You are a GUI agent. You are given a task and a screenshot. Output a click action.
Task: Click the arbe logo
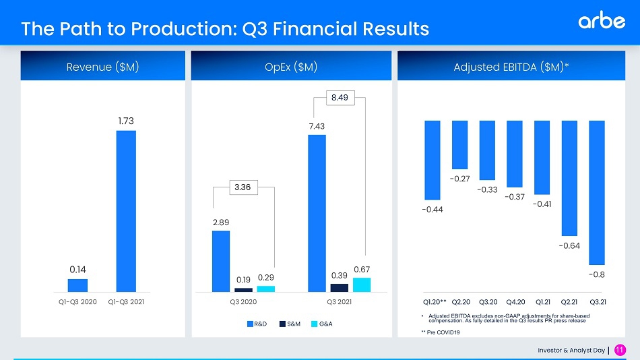(601, 22)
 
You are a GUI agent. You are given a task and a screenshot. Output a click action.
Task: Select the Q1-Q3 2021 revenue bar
(126, 211)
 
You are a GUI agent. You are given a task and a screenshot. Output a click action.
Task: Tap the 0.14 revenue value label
(78, 269)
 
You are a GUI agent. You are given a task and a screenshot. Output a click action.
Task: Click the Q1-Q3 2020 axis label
(78, 301)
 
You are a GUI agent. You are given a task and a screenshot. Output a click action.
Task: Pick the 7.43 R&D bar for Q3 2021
(317, 213)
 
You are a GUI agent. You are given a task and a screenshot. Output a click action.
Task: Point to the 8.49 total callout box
(340, 98)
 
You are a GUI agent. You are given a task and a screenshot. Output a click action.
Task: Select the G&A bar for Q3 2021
(362, 284)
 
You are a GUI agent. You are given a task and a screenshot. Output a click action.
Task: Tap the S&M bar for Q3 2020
(243, 290)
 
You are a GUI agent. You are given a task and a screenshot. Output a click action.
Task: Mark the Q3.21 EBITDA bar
(597, 192)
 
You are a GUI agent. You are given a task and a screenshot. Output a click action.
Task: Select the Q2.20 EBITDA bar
(460, 144)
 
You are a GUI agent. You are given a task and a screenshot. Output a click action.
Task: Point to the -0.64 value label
(569, 245)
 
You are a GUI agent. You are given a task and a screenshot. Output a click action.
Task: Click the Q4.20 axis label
(515, 301)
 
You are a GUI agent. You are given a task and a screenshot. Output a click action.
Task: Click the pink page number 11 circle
(620, 349)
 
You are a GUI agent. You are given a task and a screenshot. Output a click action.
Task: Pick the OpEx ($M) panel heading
(291, 67)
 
